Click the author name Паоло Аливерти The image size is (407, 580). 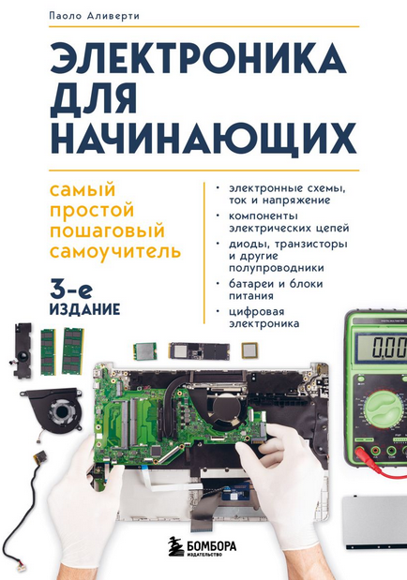pos(94,16)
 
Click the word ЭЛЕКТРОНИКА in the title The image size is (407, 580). pos(198,59)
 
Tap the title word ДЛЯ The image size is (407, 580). pos(94,98)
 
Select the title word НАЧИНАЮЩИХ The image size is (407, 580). pos(203,138)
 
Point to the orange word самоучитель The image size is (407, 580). pos(115,251)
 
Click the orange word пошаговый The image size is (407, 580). pos(108,231)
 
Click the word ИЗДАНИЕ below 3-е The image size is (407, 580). pos(84,309)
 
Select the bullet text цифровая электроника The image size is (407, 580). pos(264,318)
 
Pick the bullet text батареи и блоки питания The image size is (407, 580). pos(276,290)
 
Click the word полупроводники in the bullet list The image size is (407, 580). pos(277,267)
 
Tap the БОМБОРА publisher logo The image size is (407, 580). pos(203,546)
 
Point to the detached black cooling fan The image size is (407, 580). pos(54,409)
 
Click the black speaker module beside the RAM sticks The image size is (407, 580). pos(23,350)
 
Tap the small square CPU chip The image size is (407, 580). pos(250,350)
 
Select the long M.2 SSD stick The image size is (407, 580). pos(199,350)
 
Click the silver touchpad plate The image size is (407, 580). pos(374,522)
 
